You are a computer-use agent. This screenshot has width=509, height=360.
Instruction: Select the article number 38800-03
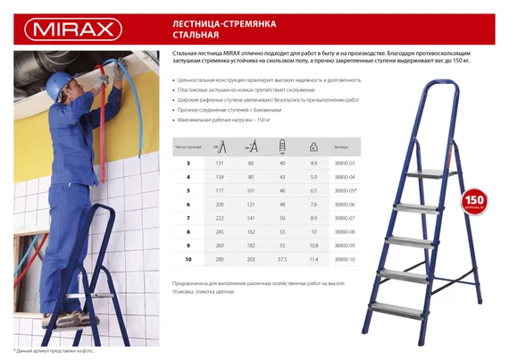[345, 163]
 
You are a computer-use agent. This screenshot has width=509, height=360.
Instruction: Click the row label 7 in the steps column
[188, 217]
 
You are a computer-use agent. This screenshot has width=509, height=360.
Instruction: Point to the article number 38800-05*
[346, 190]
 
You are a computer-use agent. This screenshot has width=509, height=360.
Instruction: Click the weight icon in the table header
[313, 144]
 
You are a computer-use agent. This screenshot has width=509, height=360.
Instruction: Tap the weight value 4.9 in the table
[313, 163]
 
